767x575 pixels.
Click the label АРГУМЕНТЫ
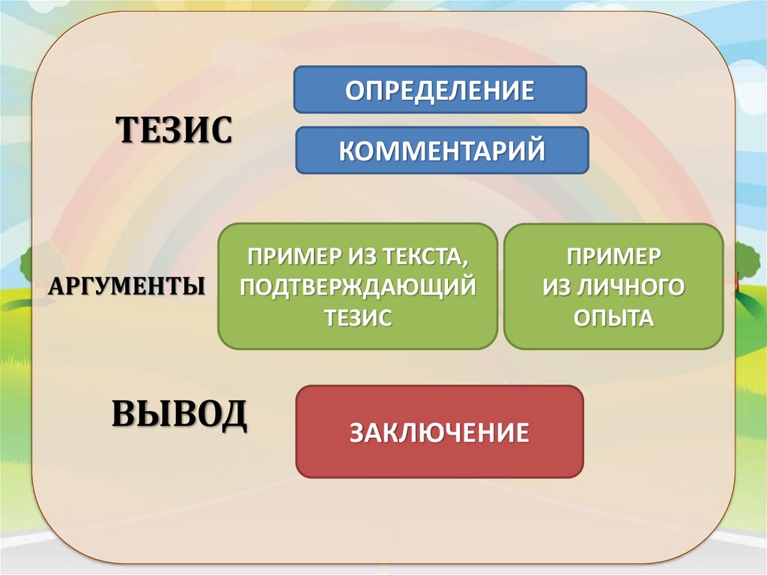pos(128,286)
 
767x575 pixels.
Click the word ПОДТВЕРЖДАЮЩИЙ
pos(358,287)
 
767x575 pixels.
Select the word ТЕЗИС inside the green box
pos(358,317)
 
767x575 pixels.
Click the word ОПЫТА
pos(613,317)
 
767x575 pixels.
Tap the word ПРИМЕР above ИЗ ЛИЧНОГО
pos(613,256)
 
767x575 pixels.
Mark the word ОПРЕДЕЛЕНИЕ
pos(440,91)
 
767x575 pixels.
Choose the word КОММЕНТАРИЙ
pos(442,151)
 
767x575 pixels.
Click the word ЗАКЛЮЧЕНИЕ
pos(440,433)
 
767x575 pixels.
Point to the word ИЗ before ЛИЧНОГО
pos(560,287)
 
